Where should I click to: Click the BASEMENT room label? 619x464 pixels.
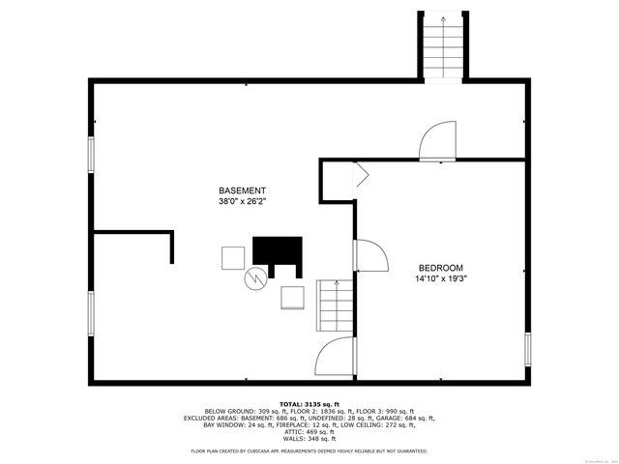(241, 190)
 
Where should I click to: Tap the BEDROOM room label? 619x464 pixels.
(440, 268)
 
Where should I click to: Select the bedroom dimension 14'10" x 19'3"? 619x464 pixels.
(440, 279)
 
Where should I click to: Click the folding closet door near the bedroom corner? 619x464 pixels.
(360, 174)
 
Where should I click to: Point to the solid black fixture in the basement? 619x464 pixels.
(278, 250)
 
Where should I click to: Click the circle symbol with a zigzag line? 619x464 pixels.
(255, 278)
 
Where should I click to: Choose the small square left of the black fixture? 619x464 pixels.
(233, 258)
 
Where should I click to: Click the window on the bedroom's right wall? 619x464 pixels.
(528, 348)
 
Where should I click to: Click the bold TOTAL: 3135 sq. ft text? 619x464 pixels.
(309, 403)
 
